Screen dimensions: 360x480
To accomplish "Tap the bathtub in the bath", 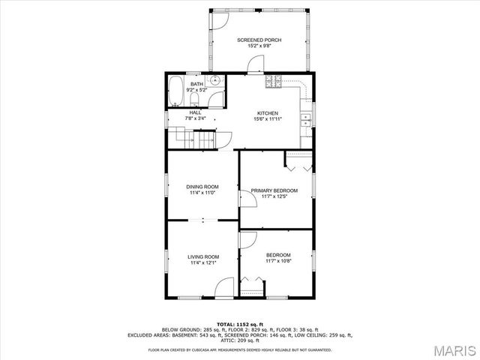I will pos(175,92).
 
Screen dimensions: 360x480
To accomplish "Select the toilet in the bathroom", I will pos(193,99).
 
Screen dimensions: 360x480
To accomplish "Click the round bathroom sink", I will pos(215,81).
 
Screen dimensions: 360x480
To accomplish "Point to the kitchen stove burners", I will pos(274,81).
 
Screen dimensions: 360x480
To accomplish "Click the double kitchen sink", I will pos(306,119).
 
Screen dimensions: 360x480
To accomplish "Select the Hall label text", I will pos(195,112).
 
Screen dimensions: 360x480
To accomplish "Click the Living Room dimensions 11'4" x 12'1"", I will pos(202,263).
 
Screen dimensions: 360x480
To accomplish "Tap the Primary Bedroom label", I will pos(274,190).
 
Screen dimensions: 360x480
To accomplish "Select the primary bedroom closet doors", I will pos(298,160).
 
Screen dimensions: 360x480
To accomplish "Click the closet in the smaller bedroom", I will pos(253,284).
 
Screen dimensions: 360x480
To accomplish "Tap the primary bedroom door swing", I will pos(247,197).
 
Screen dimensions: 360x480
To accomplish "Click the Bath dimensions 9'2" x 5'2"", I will pos(196,90).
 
